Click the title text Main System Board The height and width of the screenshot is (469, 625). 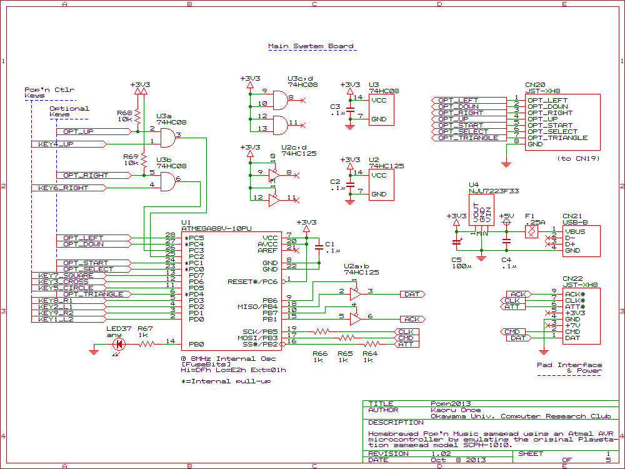(311, 46)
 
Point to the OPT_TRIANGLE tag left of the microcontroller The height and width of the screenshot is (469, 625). (94, 294)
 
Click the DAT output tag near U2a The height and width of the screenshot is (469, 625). (412, 294)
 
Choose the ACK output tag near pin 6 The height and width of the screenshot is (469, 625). (412, 319)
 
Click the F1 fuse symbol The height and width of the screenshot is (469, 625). (531, 231)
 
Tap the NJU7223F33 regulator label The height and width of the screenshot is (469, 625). (494, 191)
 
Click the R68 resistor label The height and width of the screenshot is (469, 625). (124, 113)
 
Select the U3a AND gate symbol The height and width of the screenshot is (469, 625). (166, 138)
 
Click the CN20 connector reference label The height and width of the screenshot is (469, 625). (535, 84)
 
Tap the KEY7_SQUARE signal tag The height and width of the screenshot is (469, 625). (66, 275)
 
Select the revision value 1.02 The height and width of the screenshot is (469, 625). (441, 454)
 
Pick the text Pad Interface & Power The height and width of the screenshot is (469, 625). (570, 368)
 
